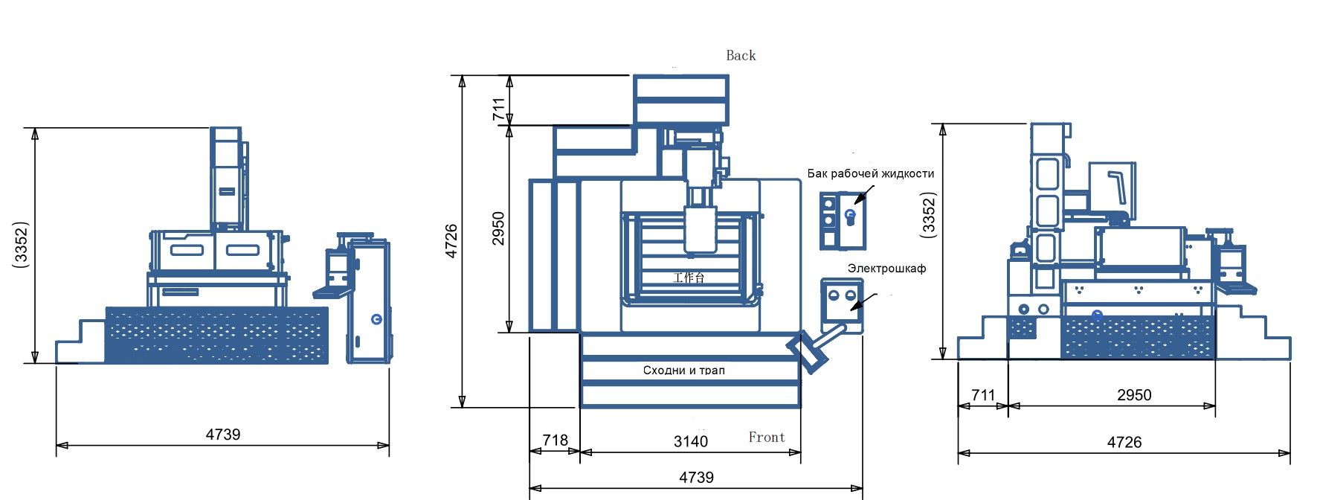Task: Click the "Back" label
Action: [740, 56]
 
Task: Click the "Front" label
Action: [766, 437]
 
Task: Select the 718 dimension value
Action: [555, 440]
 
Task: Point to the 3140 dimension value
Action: [690, 441]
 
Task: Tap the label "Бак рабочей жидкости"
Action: [870, 173]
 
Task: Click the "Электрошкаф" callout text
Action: [886, 269]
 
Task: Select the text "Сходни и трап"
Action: [683, 370]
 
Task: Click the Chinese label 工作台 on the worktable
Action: [689, 278]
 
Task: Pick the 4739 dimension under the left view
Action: [222, 435]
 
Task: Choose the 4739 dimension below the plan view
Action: [696, 478]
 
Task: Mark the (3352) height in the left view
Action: [21, 244]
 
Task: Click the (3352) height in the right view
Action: [928, 215]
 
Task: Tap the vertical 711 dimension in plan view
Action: [498, 109]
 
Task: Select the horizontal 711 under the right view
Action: [982, 395]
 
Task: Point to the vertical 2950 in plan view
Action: [498, 228]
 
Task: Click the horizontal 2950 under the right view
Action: [1133, 395]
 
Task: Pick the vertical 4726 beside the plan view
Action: [451, 241]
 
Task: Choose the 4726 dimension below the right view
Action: [1124, 443]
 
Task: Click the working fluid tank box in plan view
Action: [843, 221]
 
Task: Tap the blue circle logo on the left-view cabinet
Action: [376, 319]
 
